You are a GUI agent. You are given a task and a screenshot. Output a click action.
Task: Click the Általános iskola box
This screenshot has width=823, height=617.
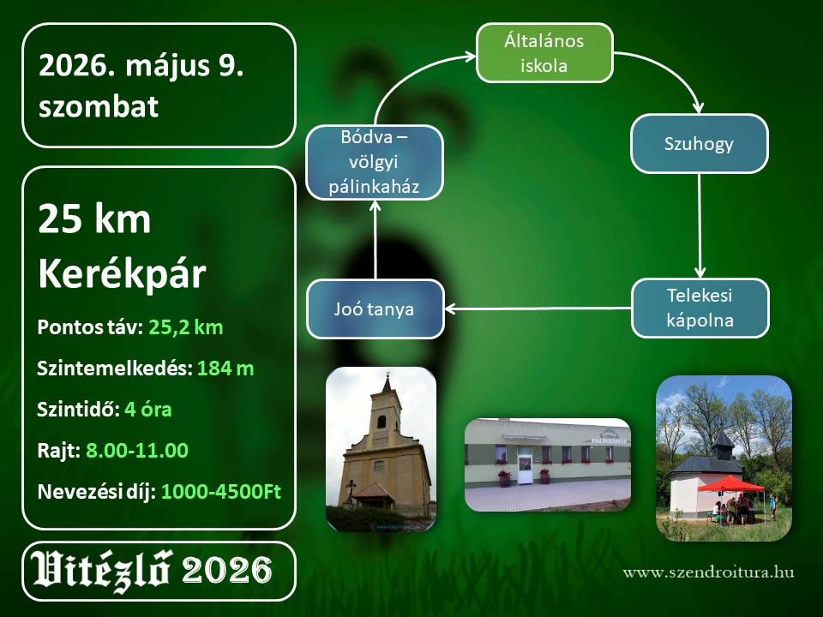pos(544,53)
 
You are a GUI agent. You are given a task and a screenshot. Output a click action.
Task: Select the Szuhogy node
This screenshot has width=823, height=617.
pos(700,144)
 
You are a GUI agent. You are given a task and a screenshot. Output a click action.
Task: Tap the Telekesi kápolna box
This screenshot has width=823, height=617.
pos(700,308)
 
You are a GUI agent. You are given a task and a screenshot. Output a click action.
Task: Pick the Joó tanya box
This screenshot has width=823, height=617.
pos(375,309)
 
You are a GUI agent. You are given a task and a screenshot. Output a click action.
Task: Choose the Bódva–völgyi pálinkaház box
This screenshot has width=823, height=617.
pos(375,162)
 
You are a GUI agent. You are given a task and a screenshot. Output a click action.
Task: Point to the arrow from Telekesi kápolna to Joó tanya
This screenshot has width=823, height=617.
pos(538,308)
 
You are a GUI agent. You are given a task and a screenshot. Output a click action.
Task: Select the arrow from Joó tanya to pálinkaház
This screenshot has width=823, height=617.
pos(375,240)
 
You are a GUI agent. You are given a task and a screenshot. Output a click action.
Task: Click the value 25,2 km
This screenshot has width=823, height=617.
pos(186,327)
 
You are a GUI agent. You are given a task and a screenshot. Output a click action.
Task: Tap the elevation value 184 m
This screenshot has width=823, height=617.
pos(225,368)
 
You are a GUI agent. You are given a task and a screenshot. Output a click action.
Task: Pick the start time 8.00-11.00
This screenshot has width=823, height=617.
pos(137,450)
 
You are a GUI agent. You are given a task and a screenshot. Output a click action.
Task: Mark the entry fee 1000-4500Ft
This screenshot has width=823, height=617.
pos(221,492)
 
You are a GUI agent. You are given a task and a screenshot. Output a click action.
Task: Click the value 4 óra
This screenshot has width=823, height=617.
pos(148,410)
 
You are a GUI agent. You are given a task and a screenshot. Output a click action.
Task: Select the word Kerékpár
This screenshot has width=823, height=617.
pos(122,274)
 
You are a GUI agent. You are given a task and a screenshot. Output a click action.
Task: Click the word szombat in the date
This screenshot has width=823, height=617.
pos(98,106)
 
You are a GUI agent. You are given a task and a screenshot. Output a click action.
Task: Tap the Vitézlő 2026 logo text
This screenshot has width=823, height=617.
pos(153,571)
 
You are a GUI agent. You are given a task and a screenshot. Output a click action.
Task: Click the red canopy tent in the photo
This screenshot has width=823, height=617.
pos(731,483)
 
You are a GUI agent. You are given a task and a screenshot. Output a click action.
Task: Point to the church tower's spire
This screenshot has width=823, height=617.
pos(387,382)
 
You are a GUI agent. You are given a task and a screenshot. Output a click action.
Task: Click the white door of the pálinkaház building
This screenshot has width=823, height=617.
pos(525,469)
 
